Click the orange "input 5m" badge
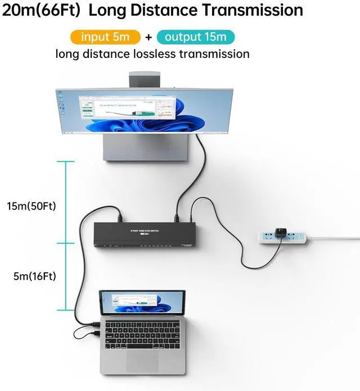105,37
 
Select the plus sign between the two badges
148,38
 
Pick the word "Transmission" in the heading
253,10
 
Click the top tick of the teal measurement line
65,162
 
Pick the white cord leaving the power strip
337,239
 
